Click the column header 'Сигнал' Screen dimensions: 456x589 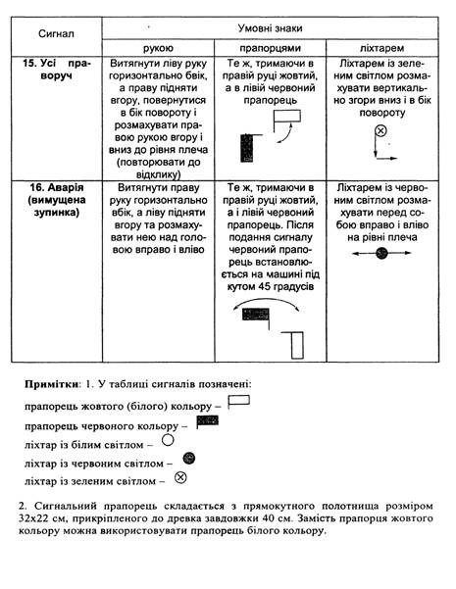pyautogui.click(x=56, y=33)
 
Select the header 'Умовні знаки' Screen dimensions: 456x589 pyautogui.click(x=270, y=28)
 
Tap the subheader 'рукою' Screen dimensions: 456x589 pyautogui.click(x=158, y=48)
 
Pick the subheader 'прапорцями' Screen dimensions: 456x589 pyautogui.click(x=270, y=48)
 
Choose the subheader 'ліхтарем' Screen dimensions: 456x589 pyautogui.click(x=381, y=48)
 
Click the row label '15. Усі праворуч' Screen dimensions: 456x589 pyautogui.click(x=57, y=70)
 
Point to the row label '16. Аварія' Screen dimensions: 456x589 pyautogui.click(x=57, y=187)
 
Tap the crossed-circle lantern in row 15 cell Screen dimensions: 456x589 pyautogui.click(x=380, y=130)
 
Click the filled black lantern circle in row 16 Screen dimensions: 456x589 pyautogui.click(x=381, y=253)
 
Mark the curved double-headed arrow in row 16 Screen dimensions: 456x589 pyautogui.click(x=266, y=299)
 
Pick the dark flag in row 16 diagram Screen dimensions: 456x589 pyautogui.click(x=256, y=315)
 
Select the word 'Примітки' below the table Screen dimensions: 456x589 pyautogui.click(x=52, y=384)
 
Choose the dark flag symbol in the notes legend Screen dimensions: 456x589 pyautogui.click(x=207, y=420)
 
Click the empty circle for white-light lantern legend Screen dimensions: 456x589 pyautogui.click(x=168, y=440)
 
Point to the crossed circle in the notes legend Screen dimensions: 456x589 pyautogui.click(x=180, y=478)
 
